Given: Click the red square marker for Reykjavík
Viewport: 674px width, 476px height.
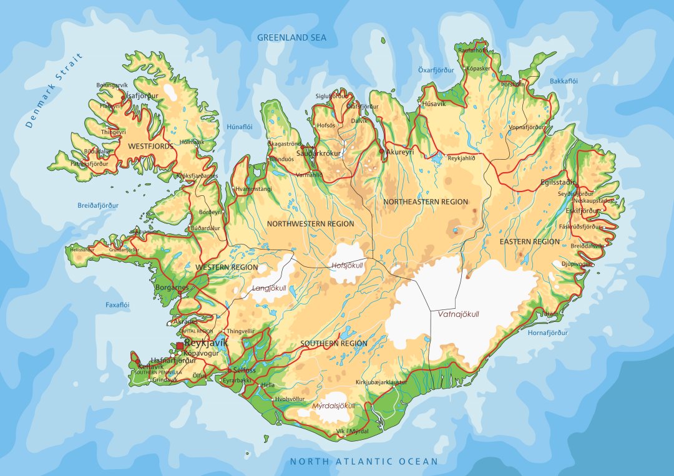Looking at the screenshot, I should click(x=180, y=345).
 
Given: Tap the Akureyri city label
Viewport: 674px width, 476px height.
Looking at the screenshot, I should click(x=400, y=152).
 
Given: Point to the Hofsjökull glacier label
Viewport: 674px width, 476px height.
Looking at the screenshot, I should click(x=347, y=265).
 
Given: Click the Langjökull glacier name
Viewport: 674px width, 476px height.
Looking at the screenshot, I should click(x=269, y=288).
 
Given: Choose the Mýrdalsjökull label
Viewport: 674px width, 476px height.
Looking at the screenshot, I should click(x=333, y=406).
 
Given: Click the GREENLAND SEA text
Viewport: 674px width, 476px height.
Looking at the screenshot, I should click(x=292, y=37).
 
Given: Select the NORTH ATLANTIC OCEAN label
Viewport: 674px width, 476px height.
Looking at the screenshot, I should click(x=364, y=462).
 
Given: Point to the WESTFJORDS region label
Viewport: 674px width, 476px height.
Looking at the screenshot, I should click(x=150, y=146).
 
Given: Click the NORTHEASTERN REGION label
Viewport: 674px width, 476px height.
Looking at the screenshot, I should click(x=425, y=202).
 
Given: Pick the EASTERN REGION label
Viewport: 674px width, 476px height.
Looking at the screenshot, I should click(x=530, y=241).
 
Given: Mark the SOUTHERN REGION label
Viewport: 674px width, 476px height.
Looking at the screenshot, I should click(x=334, y=344).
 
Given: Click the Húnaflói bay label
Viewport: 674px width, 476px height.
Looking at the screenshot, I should click(x=240, y=126).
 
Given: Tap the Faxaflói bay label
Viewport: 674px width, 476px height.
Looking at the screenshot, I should click(x=117, y=305).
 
